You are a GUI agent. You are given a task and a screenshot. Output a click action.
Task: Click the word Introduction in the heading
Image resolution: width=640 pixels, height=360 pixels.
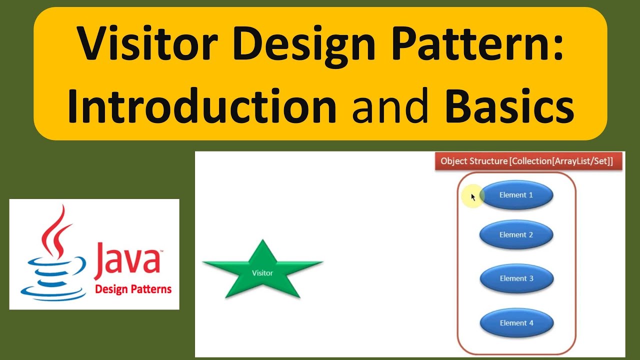[202, 106]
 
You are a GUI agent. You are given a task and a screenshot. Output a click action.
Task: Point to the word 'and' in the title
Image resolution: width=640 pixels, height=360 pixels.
[390, 106]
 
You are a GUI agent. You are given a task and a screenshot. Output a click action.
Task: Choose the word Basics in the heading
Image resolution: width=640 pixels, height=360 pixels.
[509, 106]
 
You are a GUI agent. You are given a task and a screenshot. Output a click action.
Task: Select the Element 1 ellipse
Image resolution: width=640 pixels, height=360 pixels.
[516, 195]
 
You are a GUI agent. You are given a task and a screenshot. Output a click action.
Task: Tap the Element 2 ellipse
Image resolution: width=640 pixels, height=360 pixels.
[516, 234]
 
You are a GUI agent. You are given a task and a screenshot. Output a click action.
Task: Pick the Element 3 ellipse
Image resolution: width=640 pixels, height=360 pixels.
[516, 278]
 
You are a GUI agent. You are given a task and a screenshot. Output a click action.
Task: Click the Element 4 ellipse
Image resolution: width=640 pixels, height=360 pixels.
[516, 323]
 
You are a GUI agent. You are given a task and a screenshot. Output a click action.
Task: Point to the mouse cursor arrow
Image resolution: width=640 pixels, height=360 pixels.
[473, 197]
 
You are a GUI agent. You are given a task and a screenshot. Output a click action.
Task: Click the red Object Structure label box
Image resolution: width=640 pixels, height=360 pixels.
[528, 161]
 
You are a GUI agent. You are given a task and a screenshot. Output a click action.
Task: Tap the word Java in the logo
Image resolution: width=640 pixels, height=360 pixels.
[128, 258]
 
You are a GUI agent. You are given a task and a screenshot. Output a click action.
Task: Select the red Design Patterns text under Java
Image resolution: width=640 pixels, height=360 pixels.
[133, 289]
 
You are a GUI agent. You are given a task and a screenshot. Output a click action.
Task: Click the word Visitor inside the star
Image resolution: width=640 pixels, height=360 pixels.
[262, 273]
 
